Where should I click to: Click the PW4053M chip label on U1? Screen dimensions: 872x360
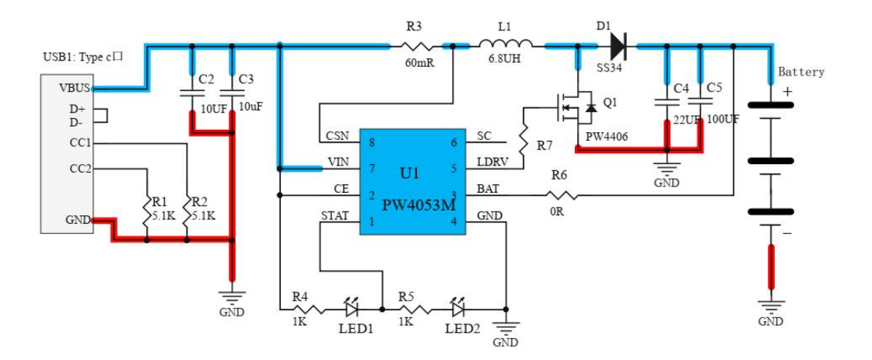coord(419,205)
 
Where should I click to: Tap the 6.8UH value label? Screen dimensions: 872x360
coord(504,58)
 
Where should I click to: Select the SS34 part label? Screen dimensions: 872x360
coord(608,68)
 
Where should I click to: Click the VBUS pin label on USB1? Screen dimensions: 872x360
coord(75,88)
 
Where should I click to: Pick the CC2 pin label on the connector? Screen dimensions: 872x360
coord(81,168)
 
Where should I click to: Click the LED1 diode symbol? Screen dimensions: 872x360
coord(352,308)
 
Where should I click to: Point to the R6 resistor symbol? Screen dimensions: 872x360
coord(561,196)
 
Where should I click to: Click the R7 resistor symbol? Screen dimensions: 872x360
coord(524,138)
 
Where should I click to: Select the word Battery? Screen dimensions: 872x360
coord(800,72)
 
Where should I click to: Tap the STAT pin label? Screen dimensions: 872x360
coord(334,215)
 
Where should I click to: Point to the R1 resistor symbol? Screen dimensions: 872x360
coord(146,210)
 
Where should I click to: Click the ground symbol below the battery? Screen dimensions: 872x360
coord(771,306)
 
